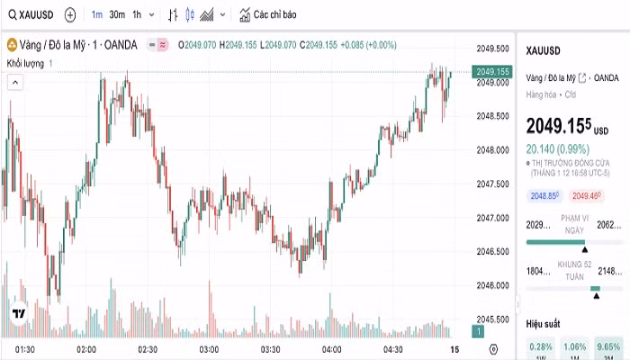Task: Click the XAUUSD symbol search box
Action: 31,15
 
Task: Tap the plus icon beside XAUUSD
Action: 70,15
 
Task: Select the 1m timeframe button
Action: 96,15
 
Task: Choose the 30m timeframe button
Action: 117,15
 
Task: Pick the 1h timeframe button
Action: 137,15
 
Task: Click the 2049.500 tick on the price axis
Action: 494,49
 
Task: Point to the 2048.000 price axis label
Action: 494,150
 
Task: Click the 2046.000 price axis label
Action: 494,285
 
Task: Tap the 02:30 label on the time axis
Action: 147,348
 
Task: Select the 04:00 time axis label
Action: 331,348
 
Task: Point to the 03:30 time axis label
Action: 270,348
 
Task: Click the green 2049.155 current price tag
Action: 493,71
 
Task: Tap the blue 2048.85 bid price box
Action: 544,195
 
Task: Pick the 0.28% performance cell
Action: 542,346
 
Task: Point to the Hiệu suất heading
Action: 544,321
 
